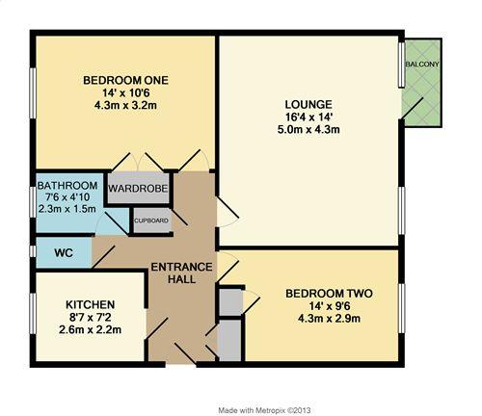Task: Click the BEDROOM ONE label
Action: (125, 80)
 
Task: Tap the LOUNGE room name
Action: (308, 105)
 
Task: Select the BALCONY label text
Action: (422, 65)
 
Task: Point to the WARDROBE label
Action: (138, 189)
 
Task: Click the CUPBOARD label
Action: (151, 221)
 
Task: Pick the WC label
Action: (64, 253)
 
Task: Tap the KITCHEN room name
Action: (91, 304)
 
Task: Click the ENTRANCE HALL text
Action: (181, 273)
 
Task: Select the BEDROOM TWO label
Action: (329, 294)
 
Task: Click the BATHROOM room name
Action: (67, 186)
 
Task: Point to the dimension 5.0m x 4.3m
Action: (308, 130)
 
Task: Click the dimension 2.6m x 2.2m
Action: (90, 329)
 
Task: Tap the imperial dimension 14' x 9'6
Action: (329, 306)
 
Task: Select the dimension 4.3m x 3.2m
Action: (125, 105)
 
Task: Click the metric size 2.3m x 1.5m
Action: (67, 209)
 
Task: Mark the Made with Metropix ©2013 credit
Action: (264, 410)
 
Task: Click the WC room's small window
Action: (33, 251)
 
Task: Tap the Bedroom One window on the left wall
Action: (33, 92)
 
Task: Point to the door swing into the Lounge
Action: (228, 212)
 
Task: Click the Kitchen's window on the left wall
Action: (33, 314)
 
